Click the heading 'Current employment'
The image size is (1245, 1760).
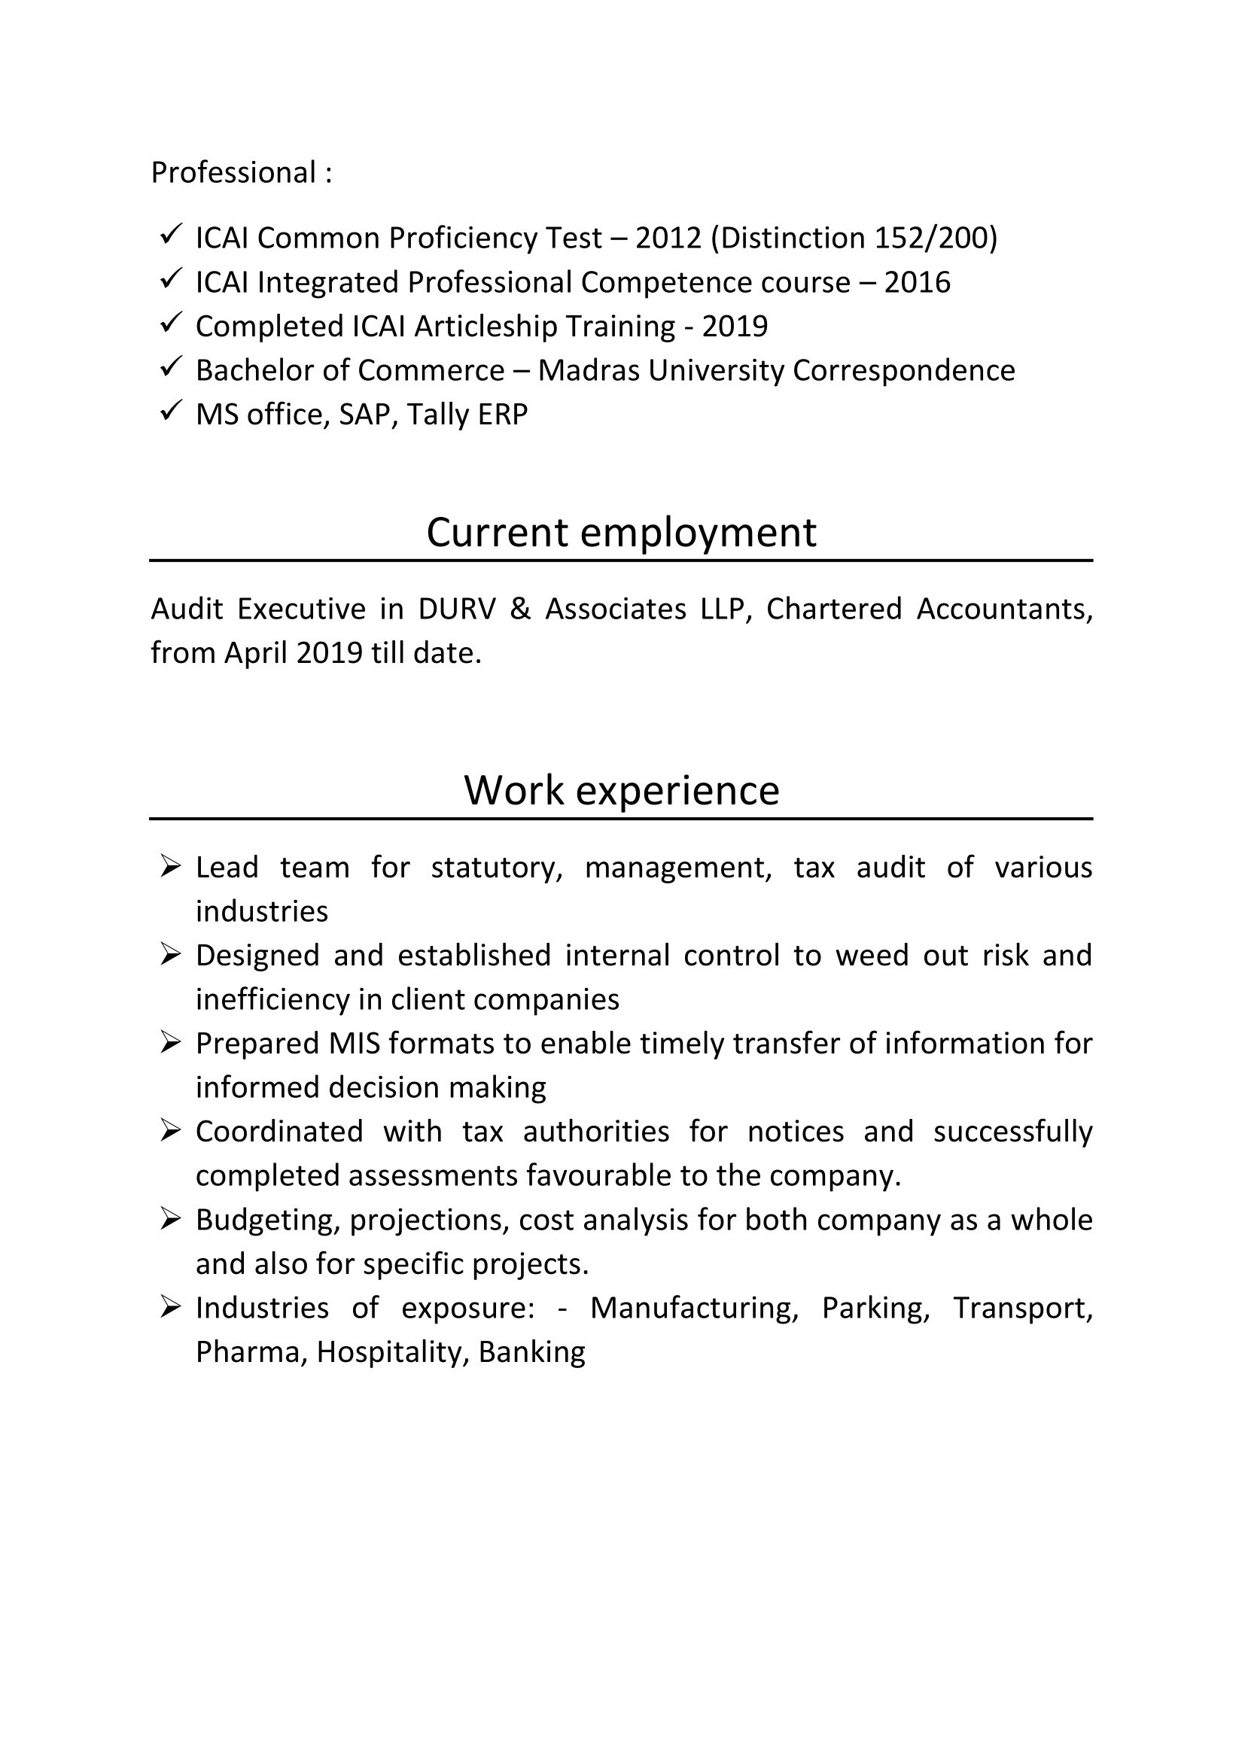[x=621, y=532]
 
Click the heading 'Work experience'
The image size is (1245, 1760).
[x=621, y=789]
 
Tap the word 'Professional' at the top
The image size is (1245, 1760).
[x=233, y=172]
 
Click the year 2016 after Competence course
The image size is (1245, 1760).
[x=917, y=282]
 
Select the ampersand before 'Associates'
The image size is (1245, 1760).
[x=520, y=609]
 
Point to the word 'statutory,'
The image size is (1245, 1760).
[x=497, y=868]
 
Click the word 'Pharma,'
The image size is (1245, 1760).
[x=251, y=1351]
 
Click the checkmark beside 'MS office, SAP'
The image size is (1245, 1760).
[x=170, y=412]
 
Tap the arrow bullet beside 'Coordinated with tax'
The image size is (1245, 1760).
[x=170, y=1131]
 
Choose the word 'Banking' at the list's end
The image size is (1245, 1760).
[x=532, y=1351]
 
